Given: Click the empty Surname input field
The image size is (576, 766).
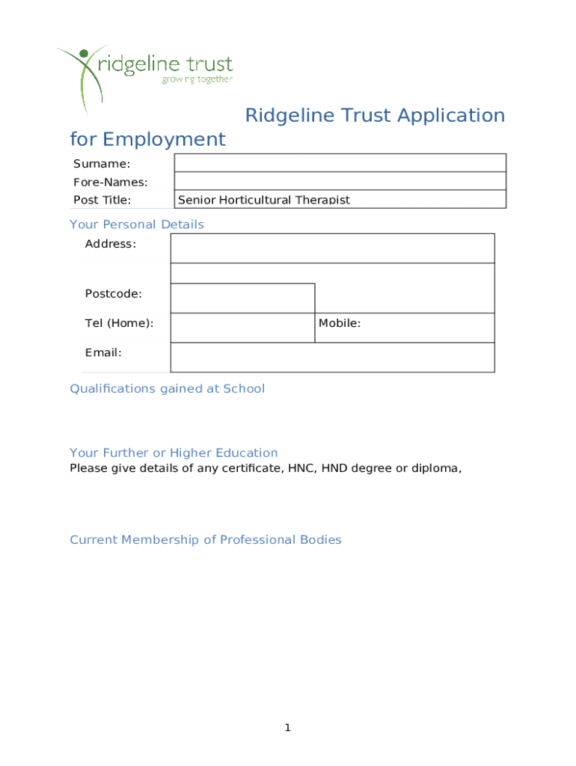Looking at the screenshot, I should (340, 163).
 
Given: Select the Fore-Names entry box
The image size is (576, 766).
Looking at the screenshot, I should (340, 181).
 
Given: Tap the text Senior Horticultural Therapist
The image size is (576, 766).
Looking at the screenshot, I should (263, 200).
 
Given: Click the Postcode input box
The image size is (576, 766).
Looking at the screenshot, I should (242, 298).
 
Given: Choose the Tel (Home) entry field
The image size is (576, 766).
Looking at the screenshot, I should (242, 328).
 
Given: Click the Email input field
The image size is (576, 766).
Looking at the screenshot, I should (332, 357).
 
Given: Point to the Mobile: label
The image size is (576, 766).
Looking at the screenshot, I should (340, 323).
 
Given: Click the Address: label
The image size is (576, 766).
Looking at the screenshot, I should (111, 244).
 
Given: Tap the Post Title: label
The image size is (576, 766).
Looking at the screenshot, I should (102, 200).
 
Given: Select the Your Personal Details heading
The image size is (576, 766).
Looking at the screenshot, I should (136, 224).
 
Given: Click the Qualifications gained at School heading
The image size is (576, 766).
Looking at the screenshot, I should (167, 388).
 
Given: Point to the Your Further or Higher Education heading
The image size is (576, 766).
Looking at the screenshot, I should (174, 453).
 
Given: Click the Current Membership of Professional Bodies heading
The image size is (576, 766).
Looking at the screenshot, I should (205, 539).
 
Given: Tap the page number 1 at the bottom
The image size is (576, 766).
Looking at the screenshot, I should (287, 728).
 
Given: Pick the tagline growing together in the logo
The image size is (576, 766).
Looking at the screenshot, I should (197, 79).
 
